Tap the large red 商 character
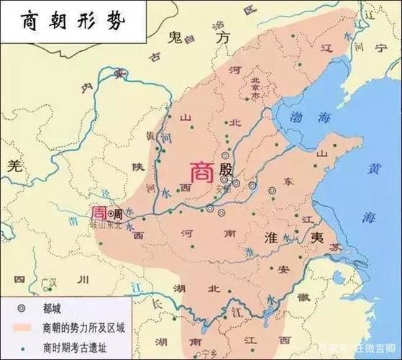pyautogui.click(x=200, y=171)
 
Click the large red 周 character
pyautogui.click(x=97, y=213)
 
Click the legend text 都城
pyautogui.click(x=54, y=307)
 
